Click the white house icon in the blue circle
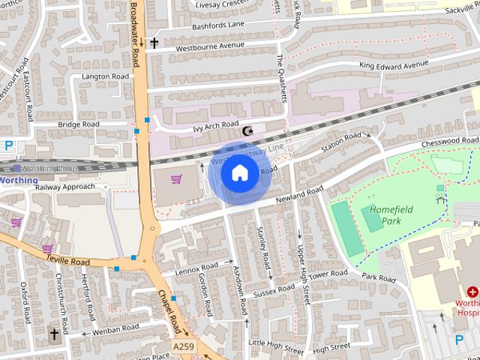coord(239,173)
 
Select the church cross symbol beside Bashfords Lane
coord(154,43)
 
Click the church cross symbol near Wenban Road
coord(54,333)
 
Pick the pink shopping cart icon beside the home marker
coord(177,179)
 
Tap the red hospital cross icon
coord(472,292)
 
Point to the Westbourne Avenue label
coord(210,46)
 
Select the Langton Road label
coord(105,76)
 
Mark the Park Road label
coord(378,278)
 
